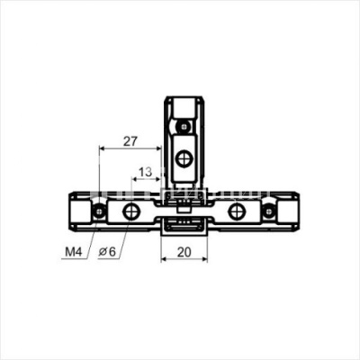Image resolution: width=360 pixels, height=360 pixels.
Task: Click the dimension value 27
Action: (x=130, y=141)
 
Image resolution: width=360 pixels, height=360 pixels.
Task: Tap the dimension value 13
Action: (x=145, y=173)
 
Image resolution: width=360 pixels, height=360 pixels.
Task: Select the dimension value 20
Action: (x=184, y=252)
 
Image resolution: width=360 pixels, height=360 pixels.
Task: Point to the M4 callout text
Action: (x=74, y=252)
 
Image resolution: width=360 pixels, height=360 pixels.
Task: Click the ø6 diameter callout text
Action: (x=107, y=252)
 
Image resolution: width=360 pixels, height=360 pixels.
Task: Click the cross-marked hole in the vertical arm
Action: (x=183, y=158)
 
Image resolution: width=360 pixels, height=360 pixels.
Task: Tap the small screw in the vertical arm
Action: (x=183, y=126)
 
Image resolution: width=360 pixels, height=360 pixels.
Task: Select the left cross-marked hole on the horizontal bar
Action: (x=130, y=211)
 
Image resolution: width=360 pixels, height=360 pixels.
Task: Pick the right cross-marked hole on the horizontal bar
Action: (x=236, y=211)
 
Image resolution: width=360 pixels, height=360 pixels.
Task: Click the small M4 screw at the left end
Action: (x=98, y=212)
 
